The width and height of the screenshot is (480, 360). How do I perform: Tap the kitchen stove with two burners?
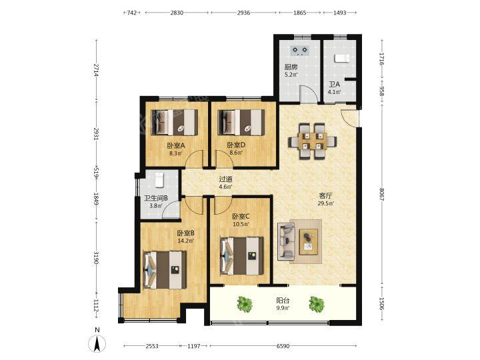click(300, 51)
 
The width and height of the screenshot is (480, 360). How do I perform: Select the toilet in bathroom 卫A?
click(341, 57)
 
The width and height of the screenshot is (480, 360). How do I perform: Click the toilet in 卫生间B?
click(159, 180)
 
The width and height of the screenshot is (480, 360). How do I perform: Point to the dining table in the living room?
click(312, 141)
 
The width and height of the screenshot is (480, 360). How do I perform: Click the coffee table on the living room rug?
click(309, 241)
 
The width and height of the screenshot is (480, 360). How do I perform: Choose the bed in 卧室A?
click(175, 123)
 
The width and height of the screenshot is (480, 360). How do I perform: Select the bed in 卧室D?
click(241, 123)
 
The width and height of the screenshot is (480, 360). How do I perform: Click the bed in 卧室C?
click(242, 256)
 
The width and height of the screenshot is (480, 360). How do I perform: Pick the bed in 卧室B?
click(165, 270)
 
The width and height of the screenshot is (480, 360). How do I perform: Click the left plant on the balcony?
click(245, 304)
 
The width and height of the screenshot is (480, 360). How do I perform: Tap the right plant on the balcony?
click(317, 304)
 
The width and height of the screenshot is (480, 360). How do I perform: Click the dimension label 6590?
click(283, 346)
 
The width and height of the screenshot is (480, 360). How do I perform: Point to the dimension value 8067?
click(381, 195)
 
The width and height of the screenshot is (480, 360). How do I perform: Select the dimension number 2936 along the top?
click(244, 13)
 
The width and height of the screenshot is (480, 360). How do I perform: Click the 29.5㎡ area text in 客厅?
click(326, 203)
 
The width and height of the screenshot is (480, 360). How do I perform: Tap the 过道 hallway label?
click(225, 179)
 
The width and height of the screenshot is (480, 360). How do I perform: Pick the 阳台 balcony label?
click(283, 301)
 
